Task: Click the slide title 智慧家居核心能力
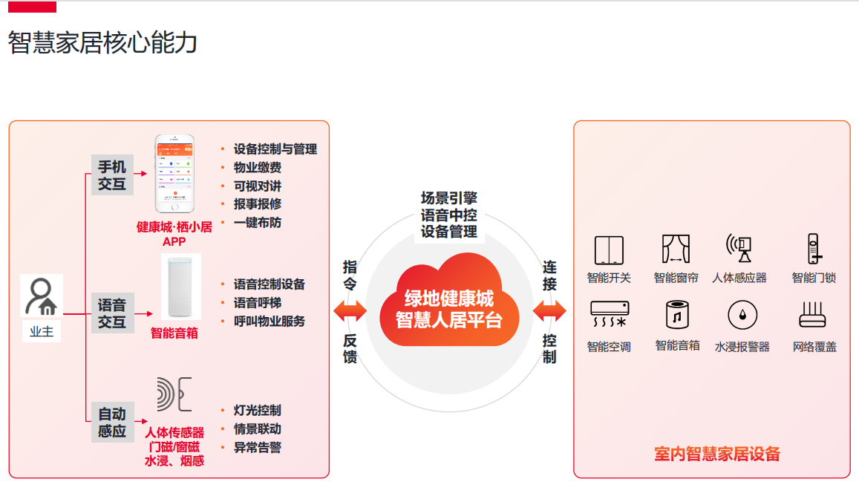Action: pyautogui.click(x=103, y=43)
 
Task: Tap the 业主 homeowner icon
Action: pyautogui.click(x=42, y=297)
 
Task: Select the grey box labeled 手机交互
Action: pyautogui.click(x=112, y=175)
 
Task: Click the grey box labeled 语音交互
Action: pyautogui.click(x=112, y=313)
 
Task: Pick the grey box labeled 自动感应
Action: pyautogui.click(x=112, y=422)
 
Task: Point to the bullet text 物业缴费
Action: pyautogui.click(x=257, y=167)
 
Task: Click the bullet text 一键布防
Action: pyautogui.click(x=257, y=222)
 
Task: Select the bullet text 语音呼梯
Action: pyautogui.click(x=257, y=303)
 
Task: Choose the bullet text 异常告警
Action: pyautogui.click(x=257, y=447)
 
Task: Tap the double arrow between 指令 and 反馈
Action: pyautogui.click(x=350, y=311)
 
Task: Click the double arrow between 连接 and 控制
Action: pyautogui.click(x=549, y=311)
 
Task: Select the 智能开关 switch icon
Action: pyautogui.click(x=609, y=250)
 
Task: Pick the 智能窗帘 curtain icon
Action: pyautogui.click(x=676, y=250)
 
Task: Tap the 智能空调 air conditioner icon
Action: pyautogui.click(x=609, y=315)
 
